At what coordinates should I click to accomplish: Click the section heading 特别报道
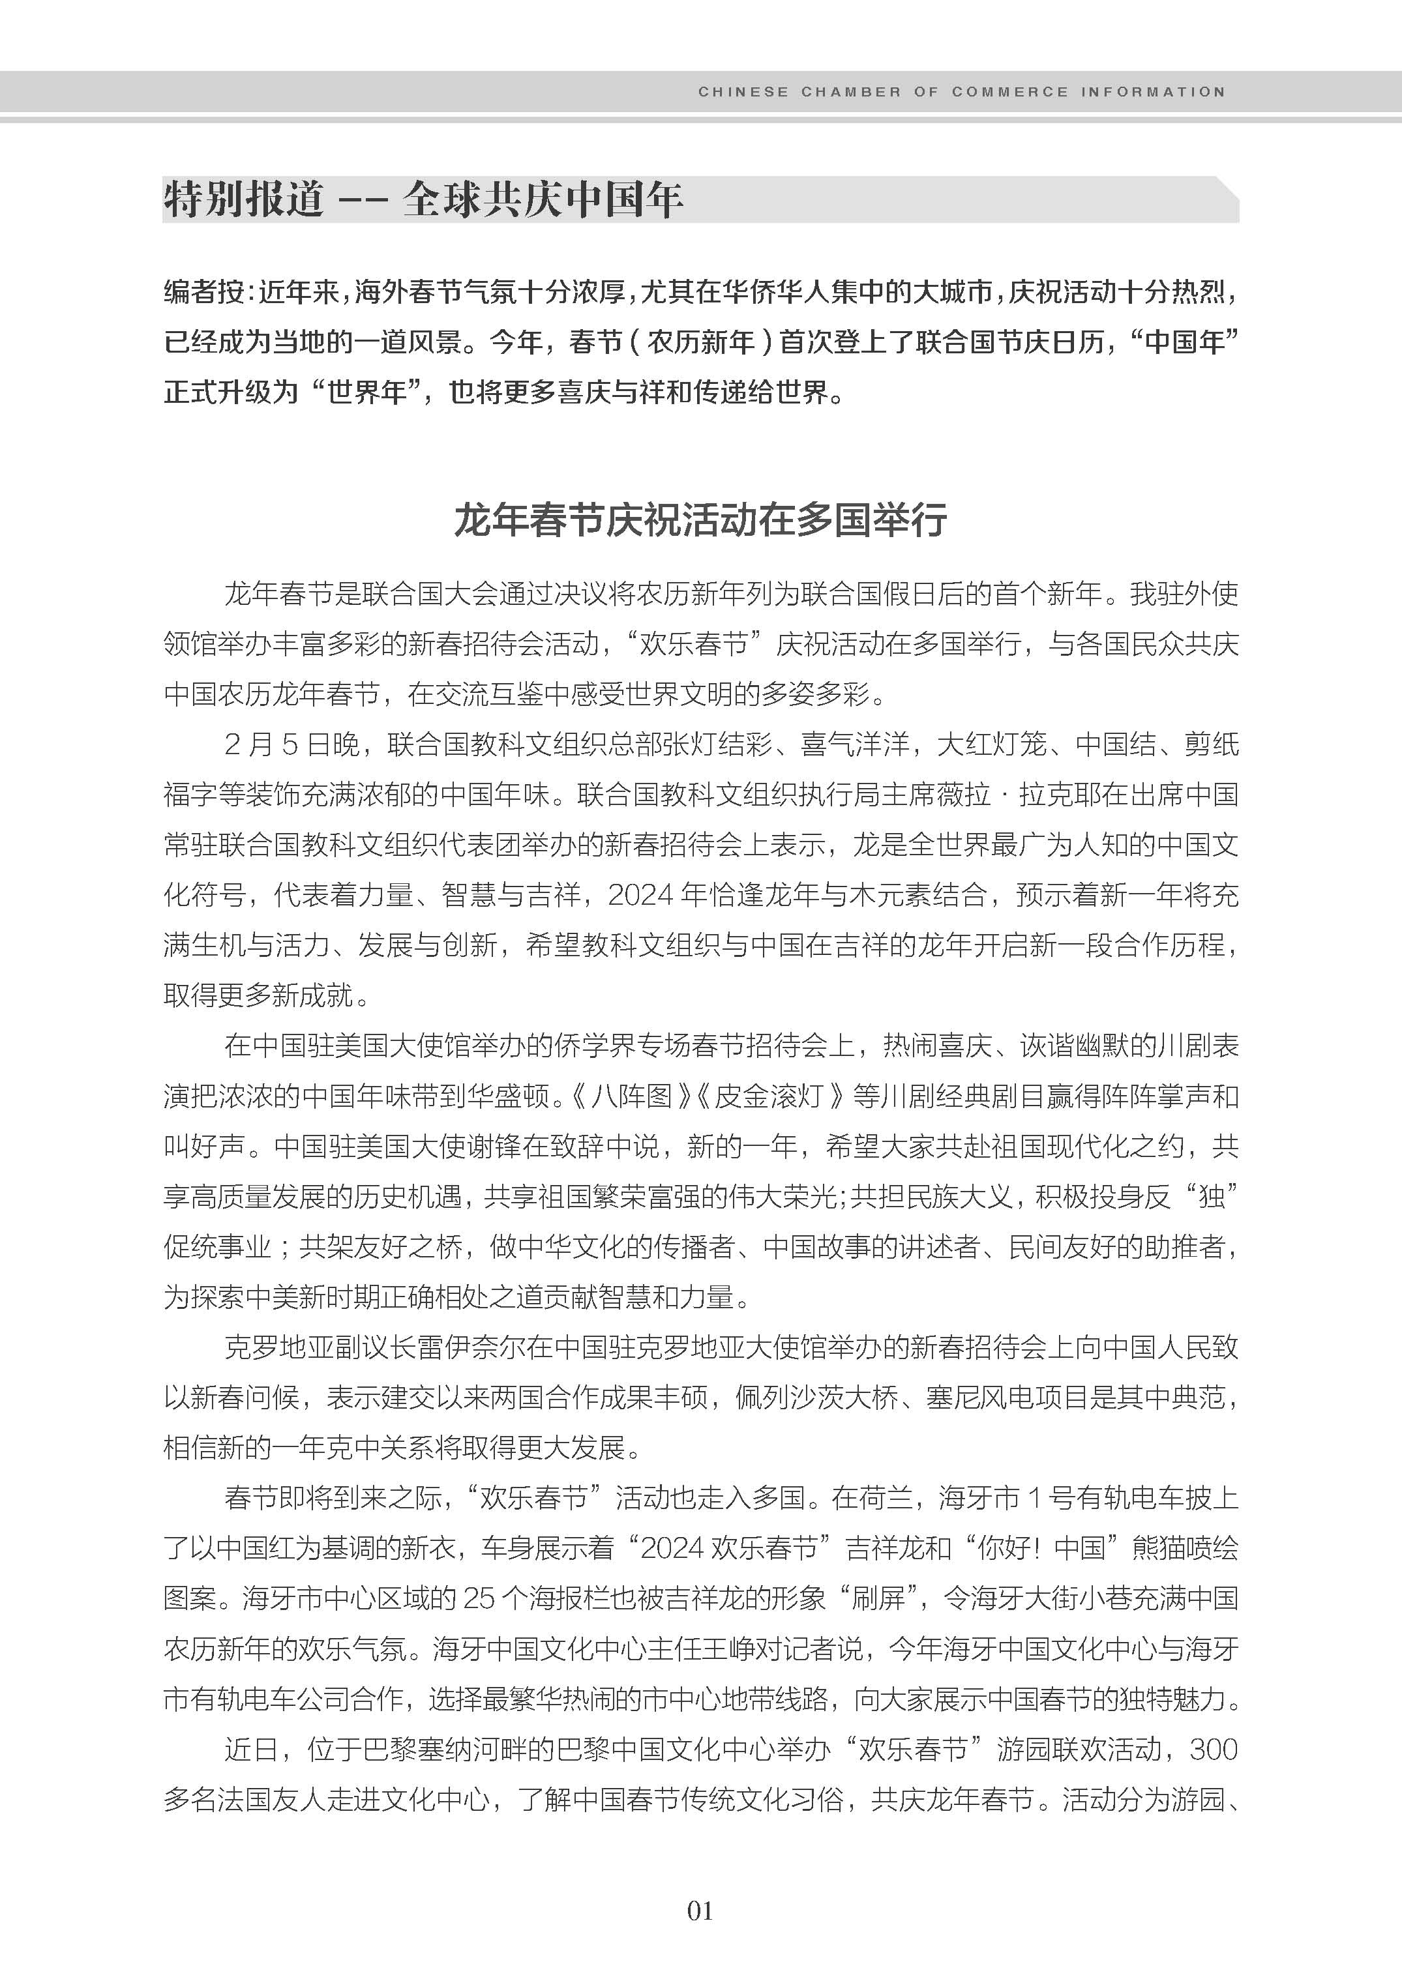[243, 199]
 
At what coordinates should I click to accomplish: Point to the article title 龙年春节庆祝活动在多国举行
[700, 520]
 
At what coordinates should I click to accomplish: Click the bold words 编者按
[203, 293]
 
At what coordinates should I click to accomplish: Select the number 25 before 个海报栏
[479, 1598]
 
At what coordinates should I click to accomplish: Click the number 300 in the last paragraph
[1214, 1750]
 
